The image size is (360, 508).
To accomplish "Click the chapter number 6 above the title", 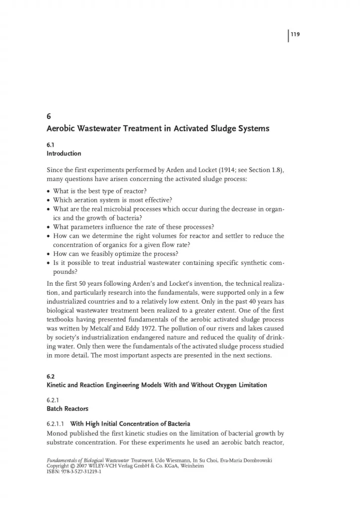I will pyautogui.click(x=48, y=117).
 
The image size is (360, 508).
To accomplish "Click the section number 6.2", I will pyautogui.click(x=51, y=376).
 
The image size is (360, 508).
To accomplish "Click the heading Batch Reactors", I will pyautogui.click(x=68, y=409).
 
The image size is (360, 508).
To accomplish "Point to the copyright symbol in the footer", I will pyautogui.click(x=74, y=467).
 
